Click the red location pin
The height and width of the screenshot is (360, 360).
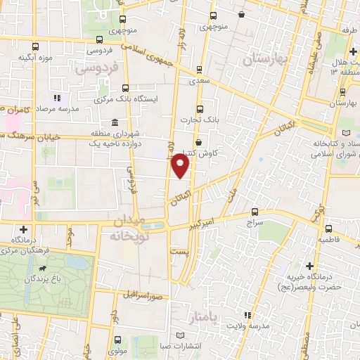181,167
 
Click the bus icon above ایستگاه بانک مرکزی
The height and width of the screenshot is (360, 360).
125,89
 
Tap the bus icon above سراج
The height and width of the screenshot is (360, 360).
255,211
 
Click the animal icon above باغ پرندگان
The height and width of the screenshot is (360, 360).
44,268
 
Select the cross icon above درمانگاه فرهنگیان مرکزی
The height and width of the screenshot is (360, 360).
24,229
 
